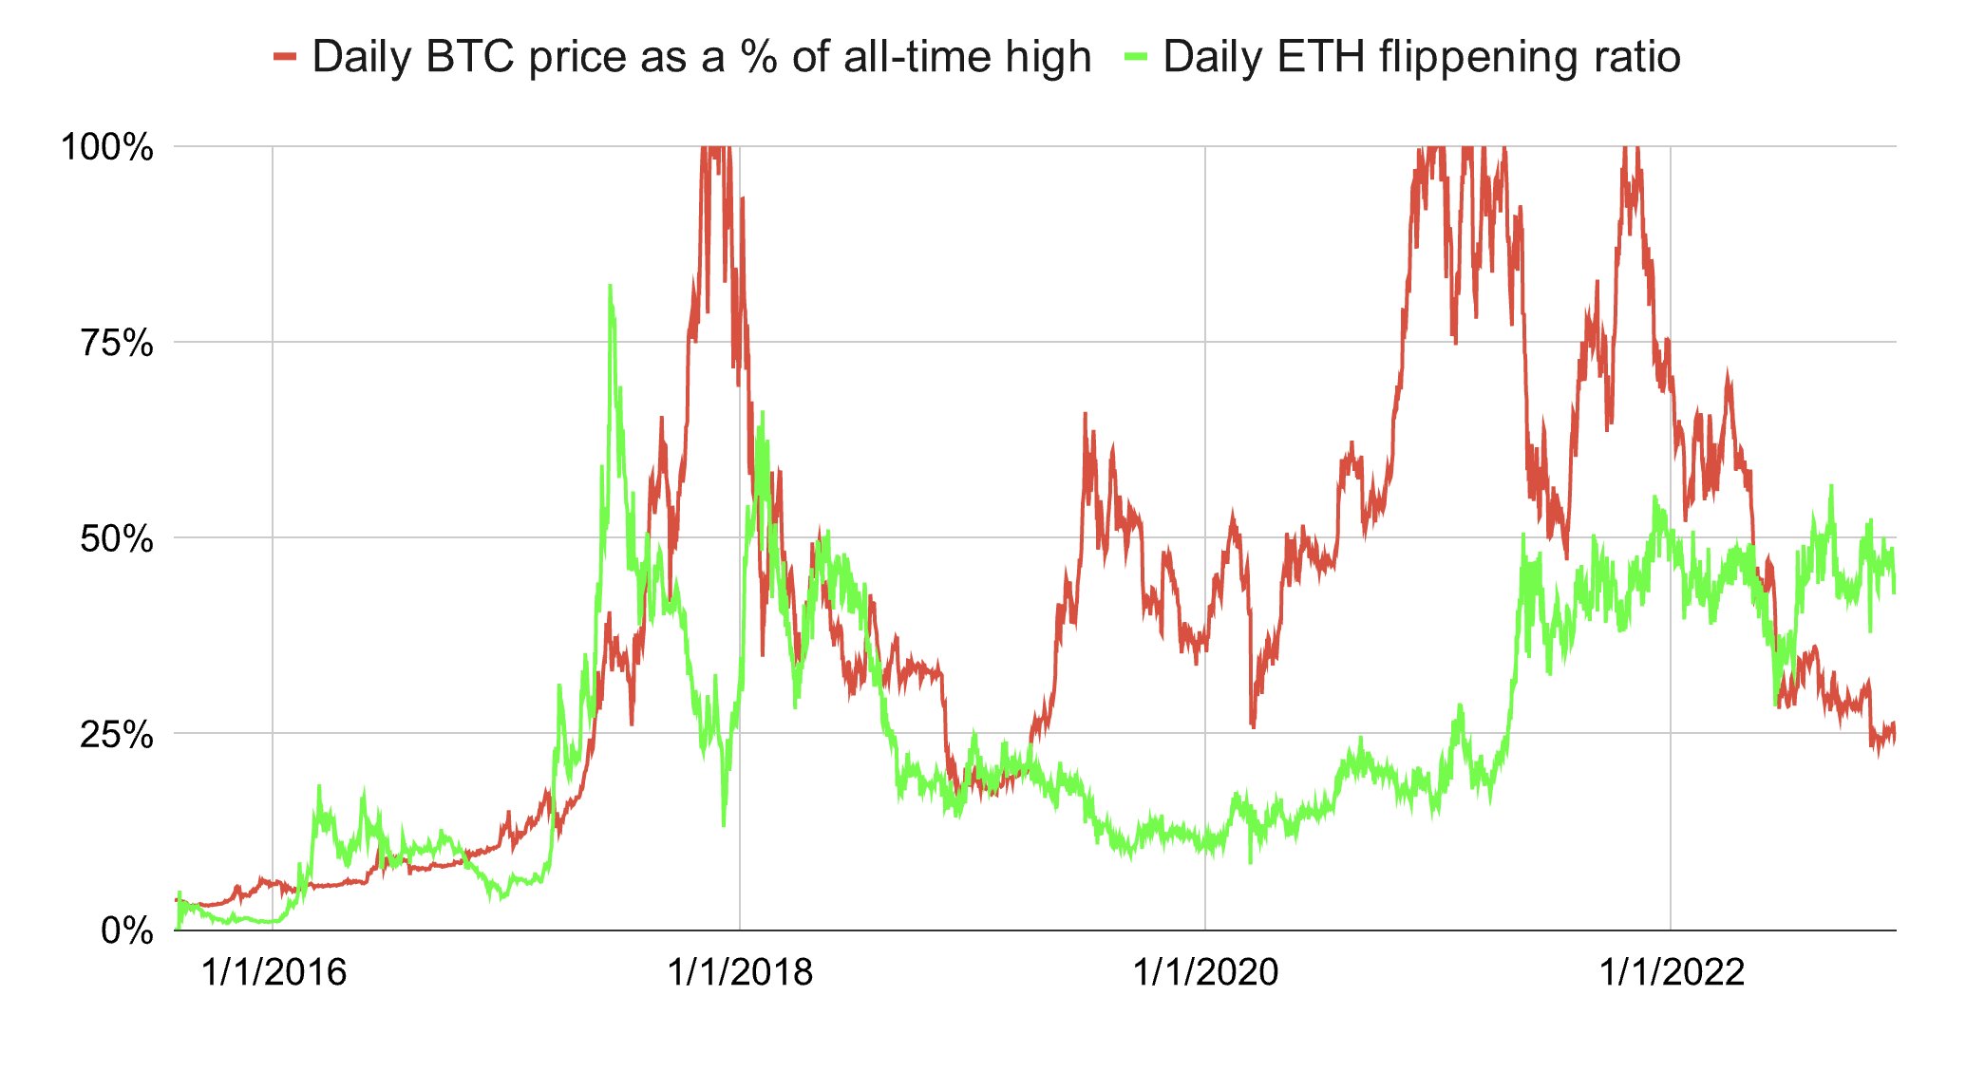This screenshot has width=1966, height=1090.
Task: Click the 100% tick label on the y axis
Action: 106,148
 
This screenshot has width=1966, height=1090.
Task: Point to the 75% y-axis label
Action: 116,343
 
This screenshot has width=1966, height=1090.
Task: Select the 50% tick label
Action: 116,539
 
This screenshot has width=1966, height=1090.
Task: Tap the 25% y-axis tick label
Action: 116,735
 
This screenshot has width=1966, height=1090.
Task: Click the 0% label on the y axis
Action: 127,930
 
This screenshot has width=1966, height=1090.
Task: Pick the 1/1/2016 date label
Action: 274,972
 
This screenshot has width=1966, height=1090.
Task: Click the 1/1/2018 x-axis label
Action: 740,972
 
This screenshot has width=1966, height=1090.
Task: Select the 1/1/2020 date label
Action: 1205,972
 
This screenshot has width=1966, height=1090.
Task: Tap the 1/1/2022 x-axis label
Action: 1672,972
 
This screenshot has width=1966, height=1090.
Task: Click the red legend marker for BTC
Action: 285,57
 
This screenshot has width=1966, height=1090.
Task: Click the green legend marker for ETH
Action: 1136,57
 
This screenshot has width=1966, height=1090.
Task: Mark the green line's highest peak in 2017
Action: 609,286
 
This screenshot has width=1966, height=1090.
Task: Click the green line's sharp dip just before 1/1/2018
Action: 724,824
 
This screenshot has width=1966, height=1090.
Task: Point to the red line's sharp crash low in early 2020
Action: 1254,726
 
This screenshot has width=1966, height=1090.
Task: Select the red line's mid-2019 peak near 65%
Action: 1085,415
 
